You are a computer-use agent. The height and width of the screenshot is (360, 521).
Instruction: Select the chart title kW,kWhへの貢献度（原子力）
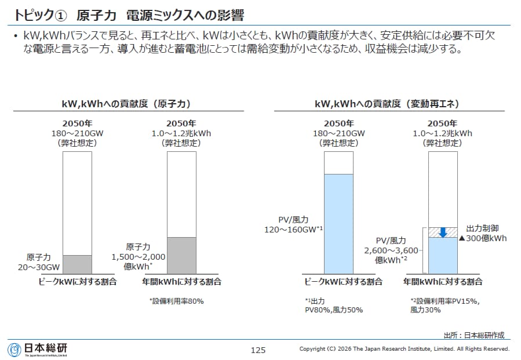[126, 104]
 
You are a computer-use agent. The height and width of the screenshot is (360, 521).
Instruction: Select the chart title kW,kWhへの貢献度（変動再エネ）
[387, 104]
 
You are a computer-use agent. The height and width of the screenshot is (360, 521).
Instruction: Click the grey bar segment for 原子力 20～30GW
[77, 264]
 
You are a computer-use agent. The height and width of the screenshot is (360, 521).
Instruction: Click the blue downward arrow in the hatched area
[443, 232]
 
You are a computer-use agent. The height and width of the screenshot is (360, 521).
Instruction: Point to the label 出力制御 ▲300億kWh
[483, 233]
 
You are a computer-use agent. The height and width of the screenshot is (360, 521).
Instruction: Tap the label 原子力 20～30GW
[42, 262]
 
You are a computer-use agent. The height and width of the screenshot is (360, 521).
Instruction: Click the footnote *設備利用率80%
[177, 301]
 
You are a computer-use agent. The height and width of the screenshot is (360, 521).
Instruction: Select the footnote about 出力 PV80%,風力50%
[333, 306]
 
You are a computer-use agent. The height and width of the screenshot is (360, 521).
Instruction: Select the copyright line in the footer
[404, 349]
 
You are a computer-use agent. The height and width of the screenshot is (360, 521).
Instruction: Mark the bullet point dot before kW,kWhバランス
[16, 37]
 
